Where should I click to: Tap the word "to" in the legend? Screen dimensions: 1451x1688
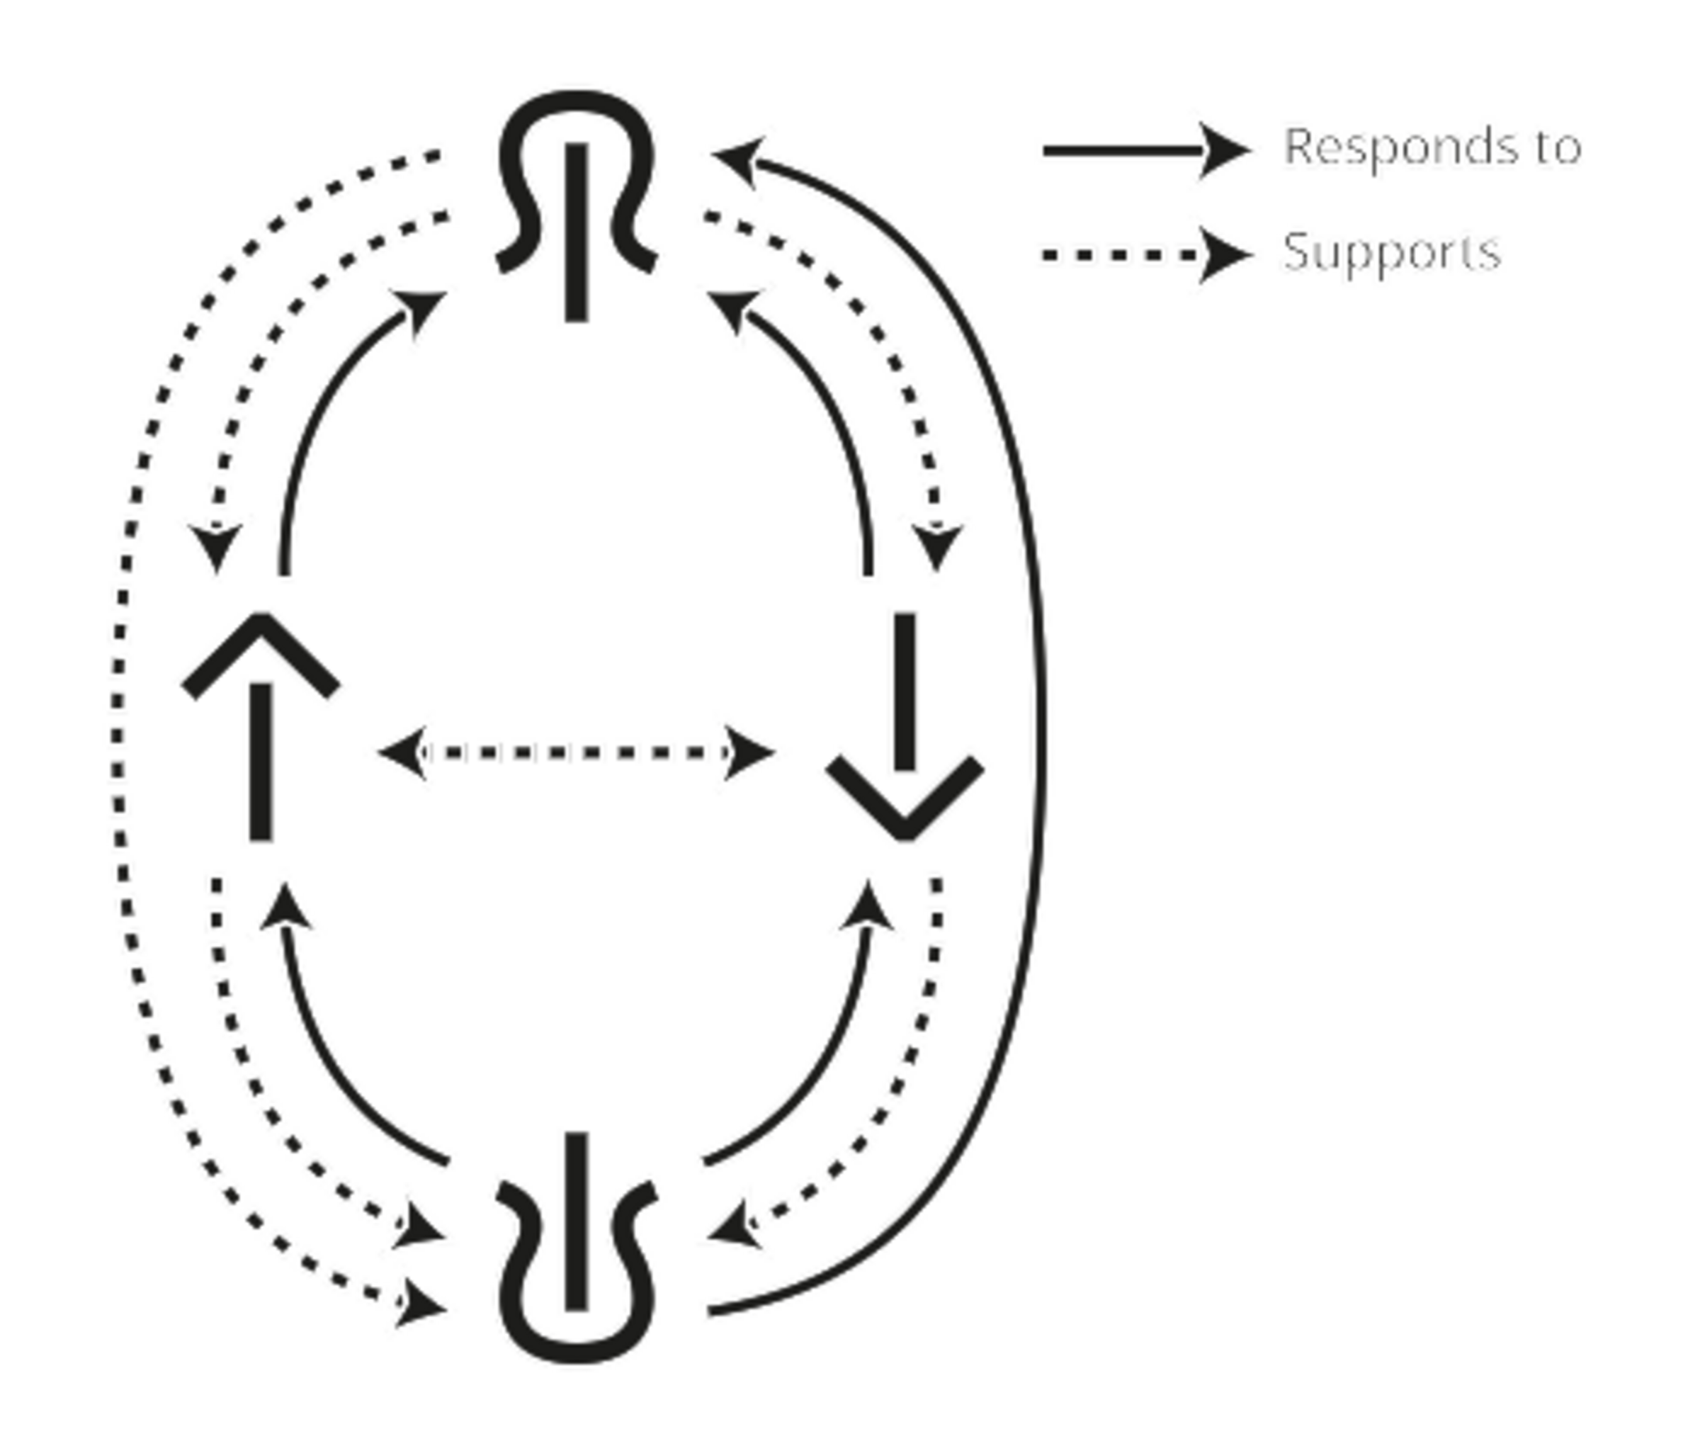pyautogui.click(x=1558, y=147)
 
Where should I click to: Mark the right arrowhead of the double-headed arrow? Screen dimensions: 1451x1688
pyautogui.click(x=749, y=752)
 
